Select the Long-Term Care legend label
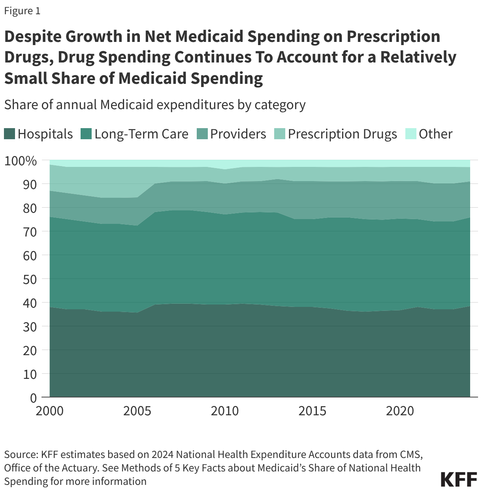point(141,134)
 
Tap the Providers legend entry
point(238,134)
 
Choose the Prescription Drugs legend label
point(342,134)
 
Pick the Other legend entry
point(435,134)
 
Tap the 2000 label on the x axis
point(49,411)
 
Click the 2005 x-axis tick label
point(137,411)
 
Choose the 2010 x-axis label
point(224,411)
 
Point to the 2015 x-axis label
point(312,411)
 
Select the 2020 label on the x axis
point(400,411)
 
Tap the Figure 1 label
point(22,11)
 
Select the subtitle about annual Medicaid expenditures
point(154,105)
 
